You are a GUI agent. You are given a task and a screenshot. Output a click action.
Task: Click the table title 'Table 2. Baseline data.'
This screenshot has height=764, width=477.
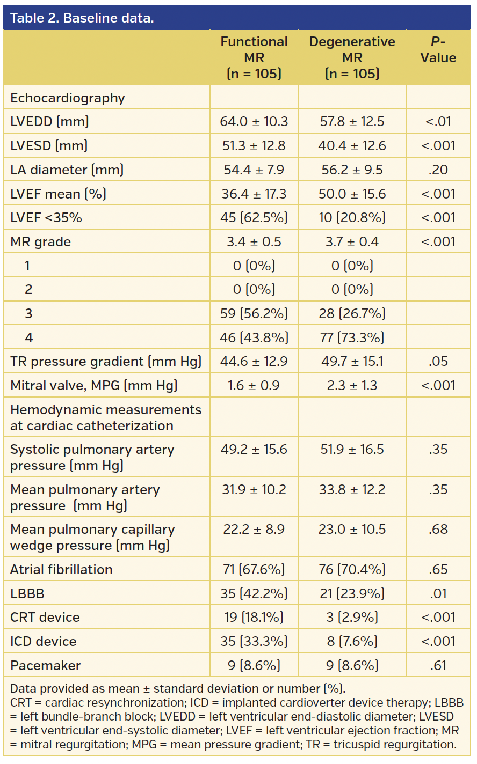82,18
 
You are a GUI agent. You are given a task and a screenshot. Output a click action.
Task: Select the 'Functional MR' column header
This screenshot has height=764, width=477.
254,57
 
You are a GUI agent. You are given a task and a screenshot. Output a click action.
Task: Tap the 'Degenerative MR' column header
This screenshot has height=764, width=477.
352,57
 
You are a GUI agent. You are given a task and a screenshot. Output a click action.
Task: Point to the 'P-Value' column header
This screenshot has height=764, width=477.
438,50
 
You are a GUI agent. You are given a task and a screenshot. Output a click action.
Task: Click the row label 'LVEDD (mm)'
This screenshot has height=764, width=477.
49,122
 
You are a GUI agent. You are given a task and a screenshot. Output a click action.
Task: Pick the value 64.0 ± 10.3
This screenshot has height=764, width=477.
254,122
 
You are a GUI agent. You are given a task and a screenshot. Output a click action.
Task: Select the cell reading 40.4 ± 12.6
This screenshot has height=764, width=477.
352,146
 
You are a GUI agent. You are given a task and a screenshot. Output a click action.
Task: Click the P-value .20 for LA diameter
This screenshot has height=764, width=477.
438,170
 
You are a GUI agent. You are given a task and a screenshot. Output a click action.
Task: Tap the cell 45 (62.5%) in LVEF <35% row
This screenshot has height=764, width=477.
254,218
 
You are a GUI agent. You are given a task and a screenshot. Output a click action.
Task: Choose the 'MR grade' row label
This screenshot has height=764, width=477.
40,242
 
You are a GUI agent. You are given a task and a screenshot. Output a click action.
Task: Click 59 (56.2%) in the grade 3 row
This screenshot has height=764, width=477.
254,314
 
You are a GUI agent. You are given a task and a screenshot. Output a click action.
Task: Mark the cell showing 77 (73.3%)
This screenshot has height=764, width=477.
352,337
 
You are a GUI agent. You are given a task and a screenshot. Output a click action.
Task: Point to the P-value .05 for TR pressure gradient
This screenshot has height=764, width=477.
438,362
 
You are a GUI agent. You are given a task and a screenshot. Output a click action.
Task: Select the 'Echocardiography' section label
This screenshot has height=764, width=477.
67,98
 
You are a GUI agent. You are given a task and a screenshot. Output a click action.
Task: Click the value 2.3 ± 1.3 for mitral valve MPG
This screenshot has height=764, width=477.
352,386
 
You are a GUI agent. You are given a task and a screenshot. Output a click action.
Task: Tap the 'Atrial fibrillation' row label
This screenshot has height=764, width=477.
61,570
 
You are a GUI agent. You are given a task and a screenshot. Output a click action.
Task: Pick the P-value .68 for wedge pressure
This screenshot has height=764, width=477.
438,530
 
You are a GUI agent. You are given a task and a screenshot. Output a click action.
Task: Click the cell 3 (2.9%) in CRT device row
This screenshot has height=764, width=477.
352,618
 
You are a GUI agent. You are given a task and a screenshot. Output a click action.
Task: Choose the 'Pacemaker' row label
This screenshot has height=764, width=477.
45,666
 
